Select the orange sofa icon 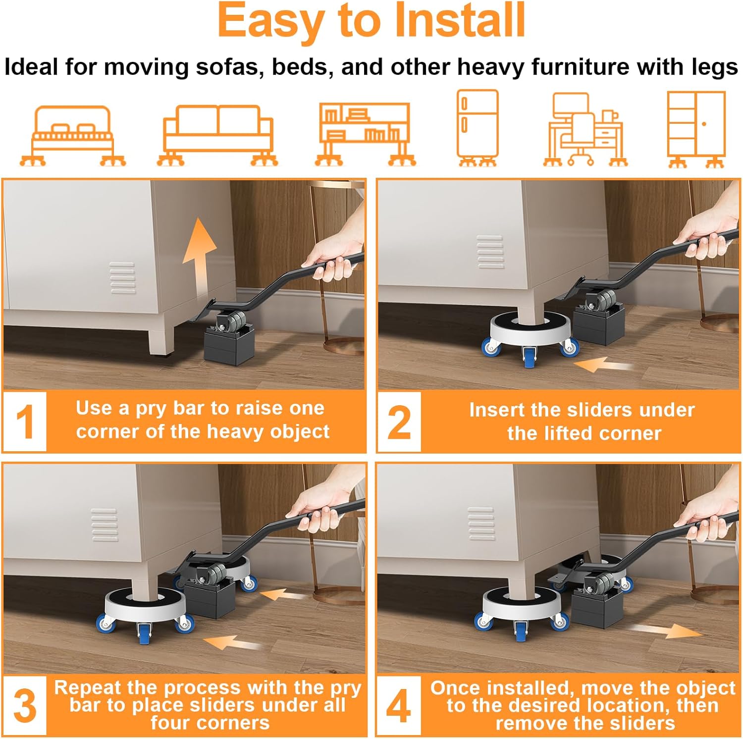point(218,135)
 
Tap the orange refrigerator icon point(478,128)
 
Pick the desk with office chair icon point(585,130)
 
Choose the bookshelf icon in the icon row point(365,134)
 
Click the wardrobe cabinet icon point(696,130)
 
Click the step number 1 point(25,422)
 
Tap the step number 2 point(399,422)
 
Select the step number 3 point(25,706)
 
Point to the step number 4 point(399,706)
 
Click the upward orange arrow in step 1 point(199,258)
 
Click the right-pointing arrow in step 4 point(663,631)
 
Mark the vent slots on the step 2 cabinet point(490,252)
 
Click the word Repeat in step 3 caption point(88,687)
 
